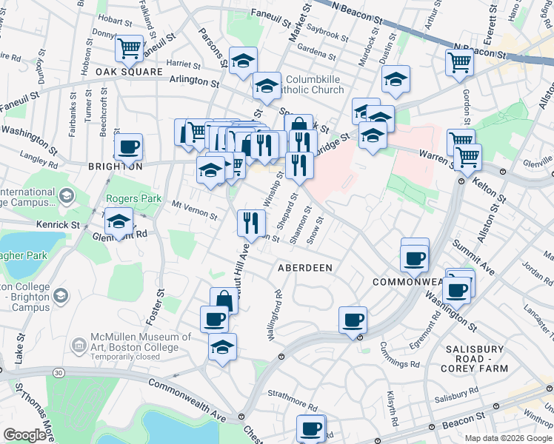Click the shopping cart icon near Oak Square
(x=130, y=49)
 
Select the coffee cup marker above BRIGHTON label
(x=129, y=146)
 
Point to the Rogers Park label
(x=128, y=198)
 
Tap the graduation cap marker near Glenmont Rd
(x=119, y=221)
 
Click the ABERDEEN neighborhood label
(x=304, y=266)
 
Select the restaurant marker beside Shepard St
(x=251, y=221)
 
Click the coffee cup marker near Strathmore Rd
(x=311, y=428)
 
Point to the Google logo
(x=24, y=435)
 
